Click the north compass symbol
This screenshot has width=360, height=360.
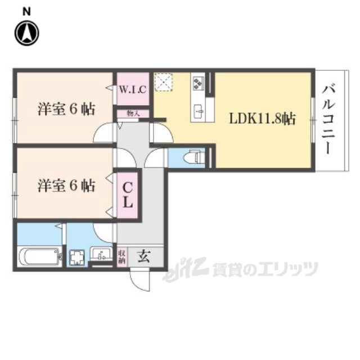26,34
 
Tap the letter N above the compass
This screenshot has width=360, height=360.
26,11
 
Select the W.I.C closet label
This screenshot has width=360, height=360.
133,89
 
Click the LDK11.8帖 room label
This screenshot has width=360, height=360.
262,119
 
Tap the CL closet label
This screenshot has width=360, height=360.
128,194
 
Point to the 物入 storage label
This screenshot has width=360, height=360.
133,113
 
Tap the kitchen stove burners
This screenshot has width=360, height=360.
198,83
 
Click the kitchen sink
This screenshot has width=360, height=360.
199,110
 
